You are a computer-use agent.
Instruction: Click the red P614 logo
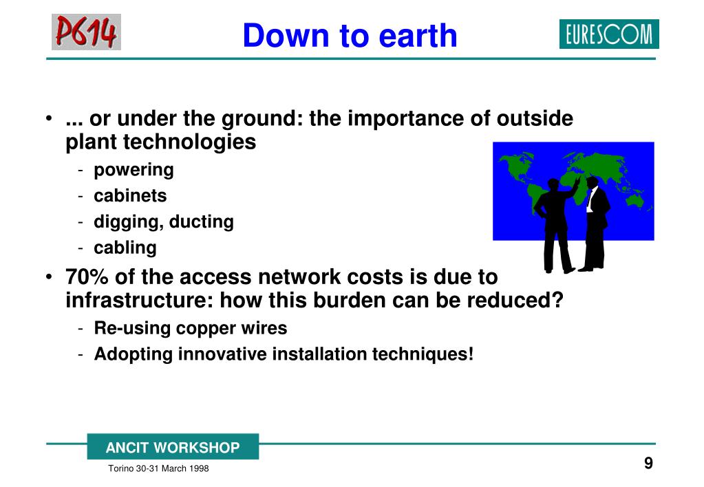86,32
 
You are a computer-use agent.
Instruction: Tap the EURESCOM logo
609,34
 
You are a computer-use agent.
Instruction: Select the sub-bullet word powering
134,170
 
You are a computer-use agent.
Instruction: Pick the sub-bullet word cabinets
130,196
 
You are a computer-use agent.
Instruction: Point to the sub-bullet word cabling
125,248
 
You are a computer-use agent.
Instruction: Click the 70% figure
87,277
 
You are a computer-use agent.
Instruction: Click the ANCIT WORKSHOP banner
173,446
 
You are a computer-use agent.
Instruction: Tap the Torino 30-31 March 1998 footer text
158,468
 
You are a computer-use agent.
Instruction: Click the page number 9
648,463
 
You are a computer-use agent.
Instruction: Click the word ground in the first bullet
256,120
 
